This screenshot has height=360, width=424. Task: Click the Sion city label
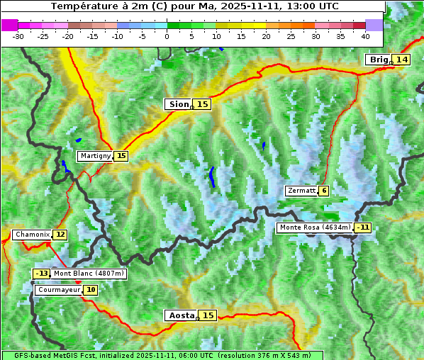pos(178,104)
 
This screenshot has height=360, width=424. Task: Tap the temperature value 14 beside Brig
pos(402,60)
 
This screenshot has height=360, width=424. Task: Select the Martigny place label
pos(95,156)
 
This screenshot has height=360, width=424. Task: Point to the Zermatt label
pos(301,191)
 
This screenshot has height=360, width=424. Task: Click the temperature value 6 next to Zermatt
pos(324,191)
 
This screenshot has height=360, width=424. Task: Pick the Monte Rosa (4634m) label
pos(315,227)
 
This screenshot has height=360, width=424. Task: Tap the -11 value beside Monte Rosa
pos(364,227)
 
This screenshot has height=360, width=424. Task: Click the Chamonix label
pos(32,235)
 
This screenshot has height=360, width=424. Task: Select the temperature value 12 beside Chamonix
pos(60,235)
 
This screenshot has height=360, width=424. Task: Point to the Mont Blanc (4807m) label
pos(89,274)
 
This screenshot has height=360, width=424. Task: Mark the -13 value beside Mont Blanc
pos(42,274)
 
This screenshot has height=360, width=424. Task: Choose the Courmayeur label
pos(59,290)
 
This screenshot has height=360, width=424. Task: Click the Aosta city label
pos(180,315)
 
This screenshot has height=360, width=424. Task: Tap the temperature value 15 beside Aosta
pos(208,315)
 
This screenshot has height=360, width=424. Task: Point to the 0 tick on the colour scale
pos(167,35)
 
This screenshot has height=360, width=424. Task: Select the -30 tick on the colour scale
pos(18,35)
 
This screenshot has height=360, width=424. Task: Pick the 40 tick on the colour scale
pos(365,35)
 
